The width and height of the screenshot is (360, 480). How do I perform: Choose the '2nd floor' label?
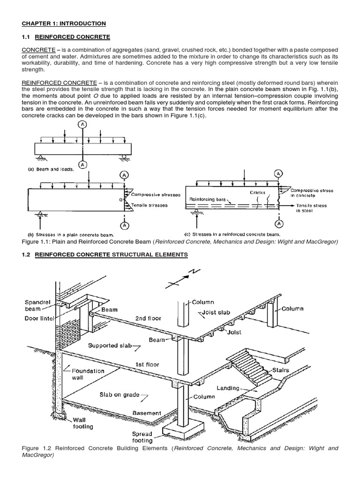[148, 318]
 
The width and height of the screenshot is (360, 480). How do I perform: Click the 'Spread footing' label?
[142, 438]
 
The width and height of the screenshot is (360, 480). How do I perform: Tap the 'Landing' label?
[228, 389]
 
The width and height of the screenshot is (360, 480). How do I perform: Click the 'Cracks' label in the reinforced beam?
[257, 192]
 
